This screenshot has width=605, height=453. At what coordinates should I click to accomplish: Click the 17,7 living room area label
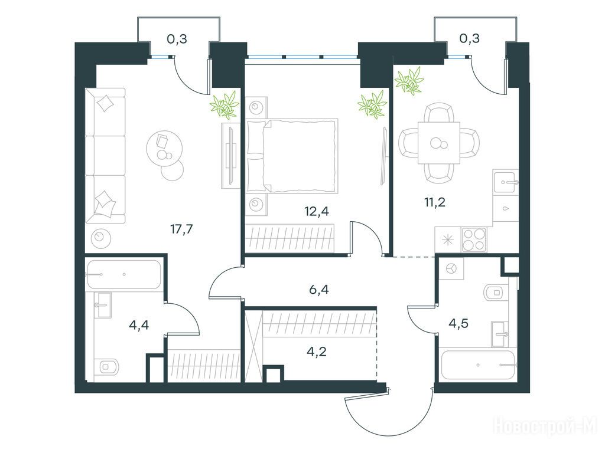coord(181,229)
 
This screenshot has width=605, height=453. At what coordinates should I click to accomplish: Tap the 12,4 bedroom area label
coord(317,211)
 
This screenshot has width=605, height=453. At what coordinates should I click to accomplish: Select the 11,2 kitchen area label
coord(435,202)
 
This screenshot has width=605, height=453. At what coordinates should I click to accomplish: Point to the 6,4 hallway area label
coord(318,289)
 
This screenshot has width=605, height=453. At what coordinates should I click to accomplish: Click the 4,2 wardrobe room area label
coord(317,352)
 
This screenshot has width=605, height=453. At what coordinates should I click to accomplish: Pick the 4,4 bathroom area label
coord(139,326)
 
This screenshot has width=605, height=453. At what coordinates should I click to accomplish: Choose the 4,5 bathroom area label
coord(458,323)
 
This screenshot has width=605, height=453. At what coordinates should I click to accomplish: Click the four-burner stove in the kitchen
coord(474,239)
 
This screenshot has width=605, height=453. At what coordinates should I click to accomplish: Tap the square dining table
coord(439,143)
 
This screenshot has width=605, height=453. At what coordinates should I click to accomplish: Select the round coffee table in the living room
coord(163,148)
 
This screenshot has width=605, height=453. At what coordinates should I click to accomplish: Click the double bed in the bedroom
coord(292,156)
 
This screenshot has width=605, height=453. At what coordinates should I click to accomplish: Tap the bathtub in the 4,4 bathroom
coord(124,275)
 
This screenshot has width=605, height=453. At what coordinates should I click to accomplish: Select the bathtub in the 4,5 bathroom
coord(478,365)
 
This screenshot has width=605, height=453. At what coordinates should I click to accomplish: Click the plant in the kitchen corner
coord(409,81)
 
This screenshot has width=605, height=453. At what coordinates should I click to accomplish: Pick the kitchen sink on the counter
coord(506,183)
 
